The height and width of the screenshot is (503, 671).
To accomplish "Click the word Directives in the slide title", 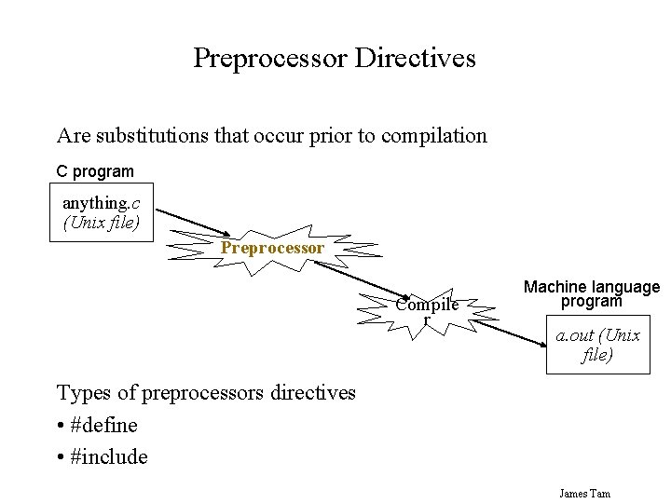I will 418,59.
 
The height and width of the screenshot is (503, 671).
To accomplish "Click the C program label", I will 95,171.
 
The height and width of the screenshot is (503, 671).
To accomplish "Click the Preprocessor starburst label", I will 272,248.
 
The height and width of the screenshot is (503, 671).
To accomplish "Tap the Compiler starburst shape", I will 427,310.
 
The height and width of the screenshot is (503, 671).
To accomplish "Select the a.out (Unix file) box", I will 597,345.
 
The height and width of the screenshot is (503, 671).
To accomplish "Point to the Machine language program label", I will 592,294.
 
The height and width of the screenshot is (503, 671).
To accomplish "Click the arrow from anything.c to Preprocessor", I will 191,220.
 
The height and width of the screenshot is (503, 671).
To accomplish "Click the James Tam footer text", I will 584,493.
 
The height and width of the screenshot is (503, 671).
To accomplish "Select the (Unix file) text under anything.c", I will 101,224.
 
